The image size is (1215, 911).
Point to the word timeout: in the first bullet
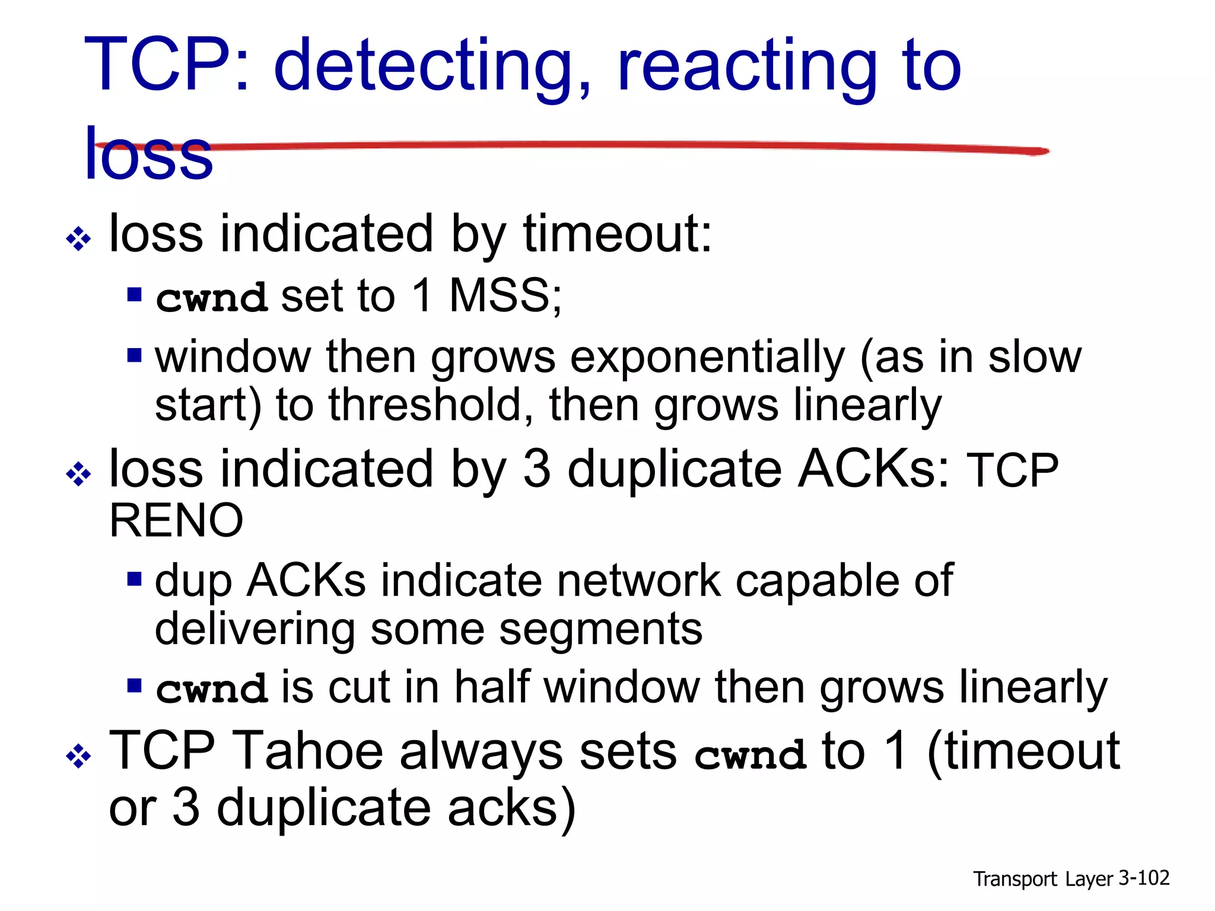[x=617, y=234]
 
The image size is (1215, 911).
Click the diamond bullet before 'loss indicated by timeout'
[x=78, y=239]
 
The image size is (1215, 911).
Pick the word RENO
[x=176, y=521]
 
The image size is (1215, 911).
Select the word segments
[x=600, y=629]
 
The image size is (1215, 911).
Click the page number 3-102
[x=1143, y=878]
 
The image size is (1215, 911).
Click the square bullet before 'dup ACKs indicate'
[x=135, y=578]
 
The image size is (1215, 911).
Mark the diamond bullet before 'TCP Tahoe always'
[x=78, y=756]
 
